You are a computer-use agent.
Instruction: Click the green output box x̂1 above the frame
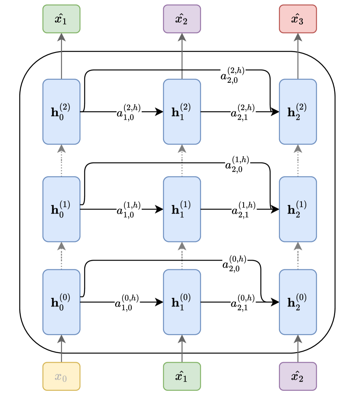61,19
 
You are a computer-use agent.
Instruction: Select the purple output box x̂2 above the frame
182,19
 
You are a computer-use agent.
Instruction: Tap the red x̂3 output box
298,19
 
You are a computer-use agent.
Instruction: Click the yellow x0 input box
61,376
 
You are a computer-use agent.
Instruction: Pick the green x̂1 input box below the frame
182,376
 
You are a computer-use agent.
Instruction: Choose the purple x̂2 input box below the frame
298,376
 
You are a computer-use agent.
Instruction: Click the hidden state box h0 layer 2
61,112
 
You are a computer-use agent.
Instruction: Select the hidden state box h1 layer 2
182,112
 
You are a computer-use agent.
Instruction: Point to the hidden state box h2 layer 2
298,112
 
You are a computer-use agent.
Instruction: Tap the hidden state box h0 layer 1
61,209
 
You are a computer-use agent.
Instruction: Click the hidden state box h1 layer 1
182,209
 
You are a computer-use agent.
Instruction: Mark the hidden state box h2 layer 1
298,209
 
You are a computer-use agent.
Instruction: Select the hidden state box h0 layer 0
61,302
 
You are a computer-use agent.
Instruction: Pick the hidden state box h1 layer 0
182,302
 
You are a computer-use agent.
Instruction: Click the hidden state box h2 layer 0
298,302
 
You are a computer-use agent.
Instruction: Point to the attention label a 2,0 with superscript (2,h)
232,73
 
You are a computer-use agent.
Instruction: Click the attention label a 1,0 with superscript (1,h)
128,209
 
